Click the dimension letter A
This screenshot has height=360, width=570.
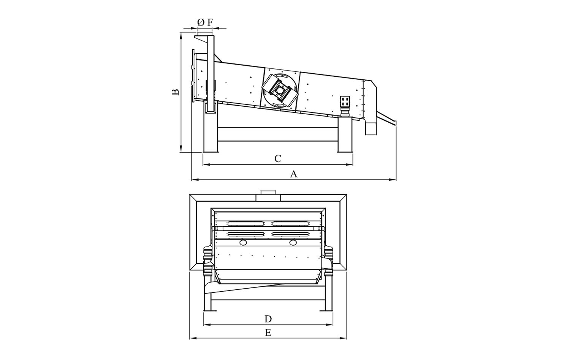point(294,174)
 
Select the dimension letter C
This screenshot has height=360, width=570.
point(278,159)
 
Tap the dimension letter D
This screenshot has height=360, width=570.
point(268,319)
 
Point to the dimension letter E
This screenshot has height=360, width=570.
point(268,333)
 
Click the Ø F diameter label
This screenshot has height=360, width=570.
point(204,23)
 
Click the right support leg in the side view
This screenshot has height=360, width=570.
point(345,135)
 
